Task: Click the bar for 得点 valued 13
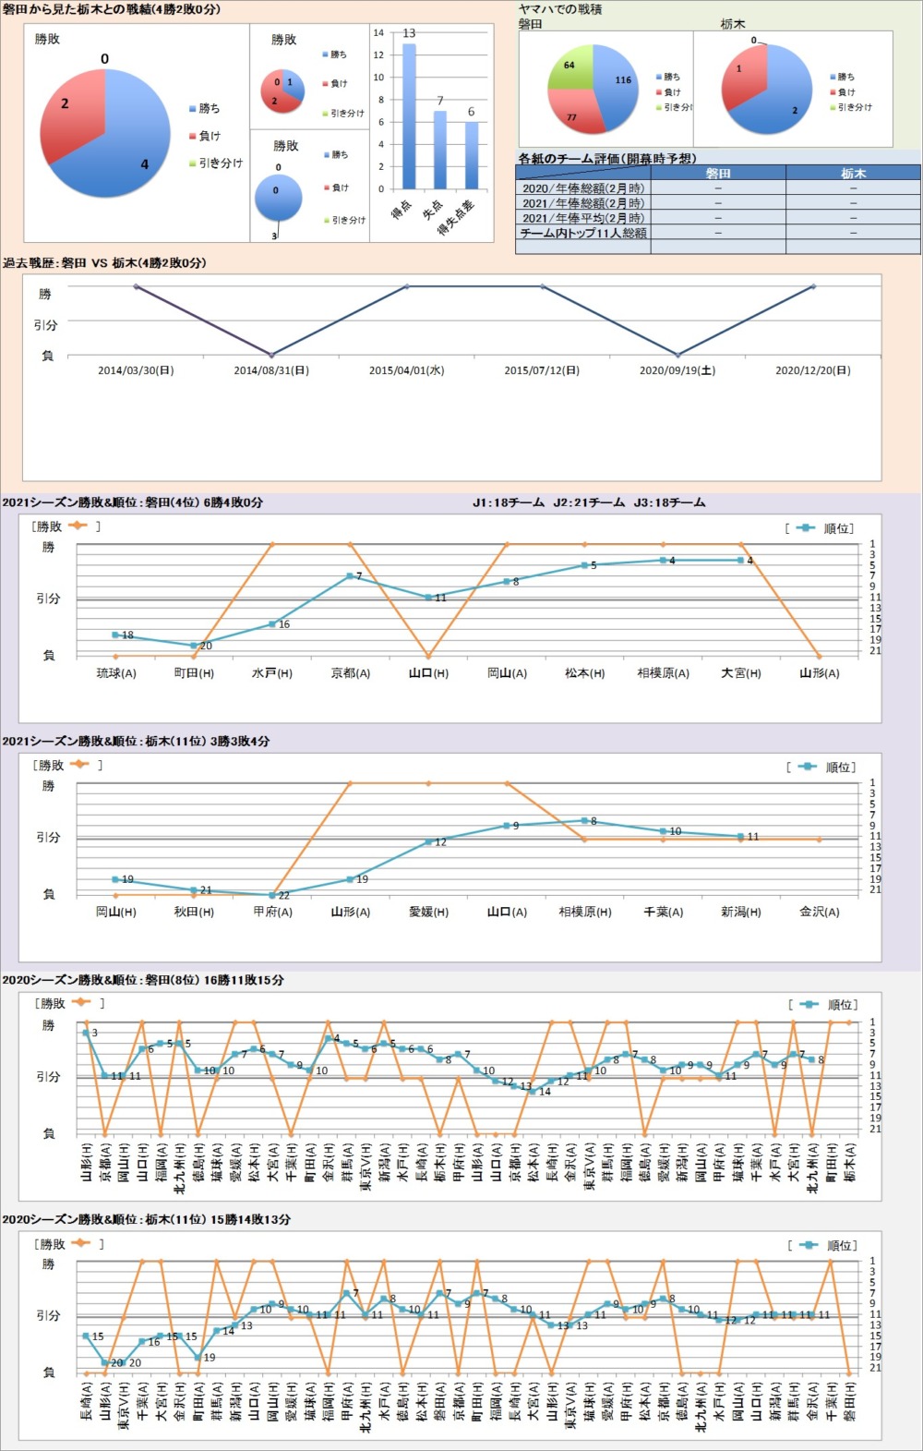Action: click(x=409, y=115)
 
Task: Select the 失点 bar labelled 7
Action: click(x=440, y=150)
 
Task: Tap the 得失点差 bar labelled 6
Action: click(x=472, y=155)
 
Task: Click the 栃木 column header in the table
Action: click(x=853, y=173)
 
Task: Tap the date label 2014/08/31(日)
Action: click(x=271, y=370)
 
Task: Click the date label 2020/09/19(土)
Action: click(x=677, y=370)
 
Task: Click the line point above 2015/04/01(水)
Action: click(x=407, y=286)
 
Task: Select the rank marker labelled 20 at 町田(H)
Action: click(x=194, y=646)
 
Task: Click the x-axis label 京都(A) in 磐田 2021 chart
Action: click(x=351, y=673)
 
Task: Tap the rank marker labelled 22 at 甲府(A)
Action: click(x=272, y=895)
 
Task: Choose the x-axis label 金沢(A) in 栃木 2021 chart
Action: click(x=820, y=912)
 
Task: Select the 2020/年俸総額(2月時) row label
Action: click(x=583, y=187)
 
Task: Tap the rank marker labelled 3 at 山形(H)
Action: click(x=86, y=1033)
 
